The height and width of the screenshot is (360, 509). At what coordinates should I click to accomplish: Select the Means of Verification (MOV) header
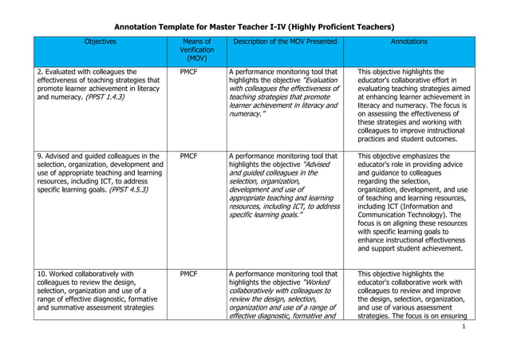coord(196,49)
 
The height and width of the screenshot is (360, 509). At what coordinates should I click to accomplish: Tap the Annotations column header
coord(408,41)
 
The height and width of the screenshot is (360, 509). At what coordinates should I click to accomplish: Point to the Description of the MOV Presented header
coord(283,41)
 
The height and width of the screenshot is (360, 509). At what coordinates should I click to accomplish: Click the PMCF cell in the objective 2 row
coord(189,71)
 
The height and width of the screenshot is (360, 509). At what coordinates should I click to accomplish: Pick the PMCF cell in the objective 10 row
coord(189,274)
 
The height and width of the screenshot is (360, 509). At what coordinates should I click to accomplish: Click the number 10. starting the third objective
coord(42,274)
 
